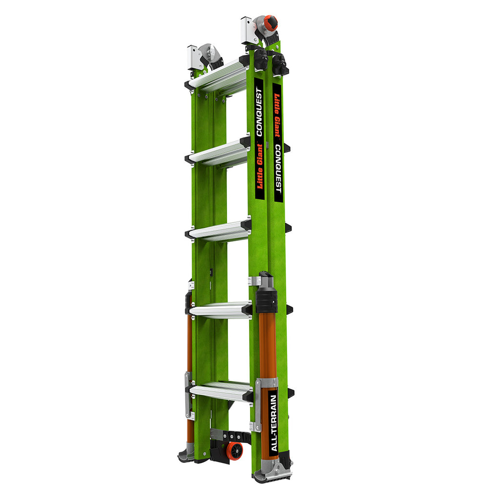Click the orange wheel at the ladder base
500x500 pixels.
tap(234, 451)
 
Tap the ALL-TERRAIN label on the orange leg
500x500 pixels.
tap(273, 423)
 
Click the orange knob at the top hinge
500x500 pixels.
tap(271, 23)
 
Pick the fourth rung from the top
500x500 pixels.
tap(220, 310)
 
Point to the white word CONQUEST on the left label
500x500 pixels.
tap(259, 112)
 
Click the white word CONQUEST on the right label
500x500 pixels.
tap(278, 168)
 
